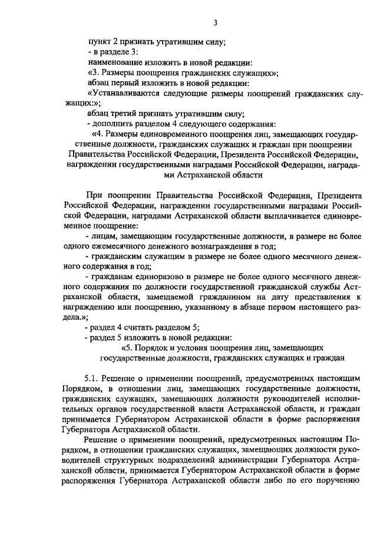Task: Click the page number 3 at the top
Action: [216, 24]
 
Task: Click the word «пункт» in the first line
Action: [98, 42]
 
